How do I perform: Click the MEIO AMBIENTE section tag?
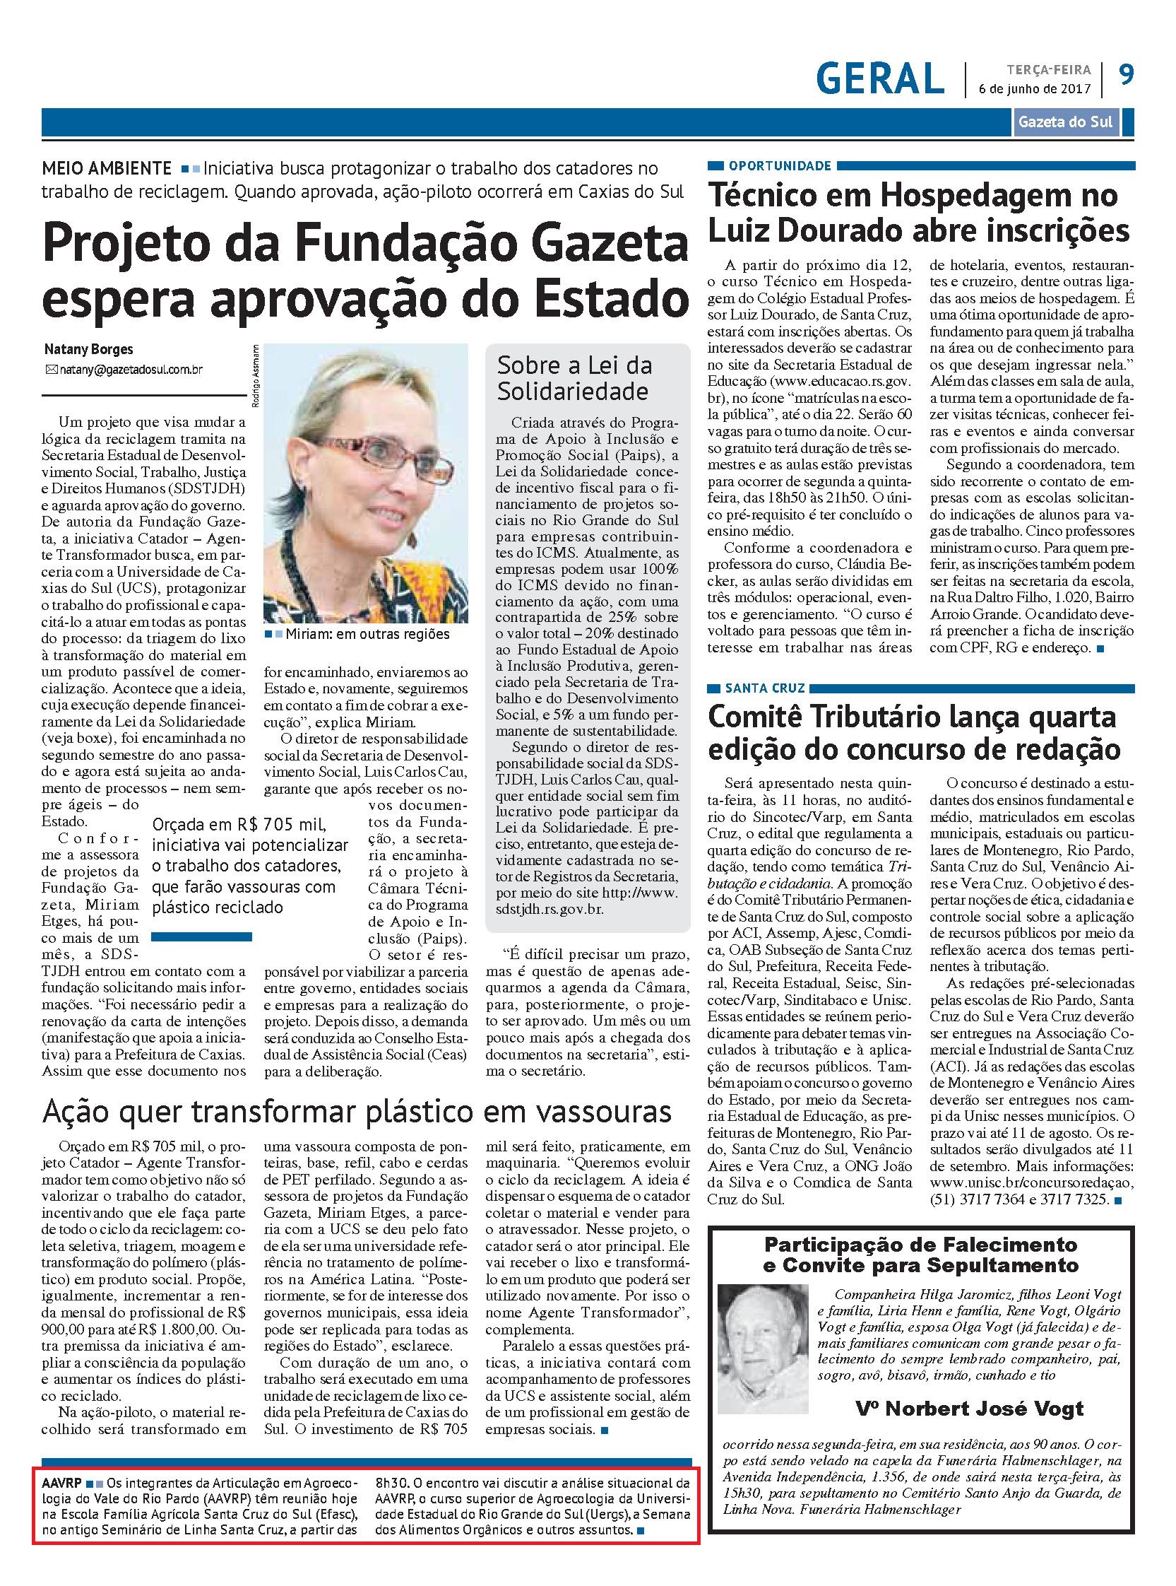(106, 169)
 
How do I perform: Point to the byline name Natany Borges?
(88, 350)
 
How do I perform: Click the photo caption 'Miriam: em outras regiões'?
(366, 634)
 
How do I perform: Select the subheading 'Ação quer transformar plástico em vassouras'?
(357, 1112)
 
